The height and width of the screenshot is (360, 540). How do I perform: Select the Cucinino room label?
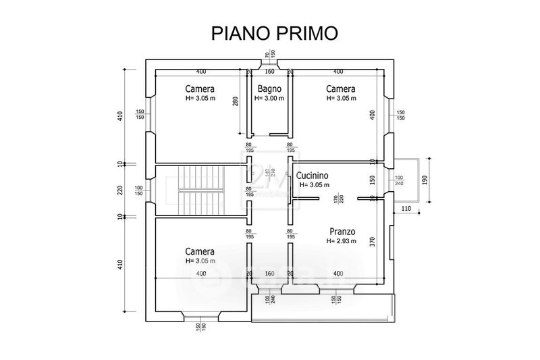point(313,176)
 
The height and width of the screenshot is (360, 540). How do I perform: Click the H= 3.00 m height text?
point(269,99)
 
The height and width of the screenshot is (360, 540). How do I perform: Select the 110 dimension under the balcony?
point(406,209)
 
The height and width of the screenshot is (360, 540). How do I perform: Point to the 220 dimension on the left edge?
point(119,190)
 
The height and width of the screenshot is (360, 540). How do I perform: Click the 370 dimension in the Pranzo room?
point(372,242)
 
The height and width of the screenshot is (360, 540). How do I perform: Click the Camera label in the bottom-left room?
point(200,251)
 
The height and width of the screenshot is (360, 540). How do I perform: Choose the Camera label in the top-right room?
point(341,89)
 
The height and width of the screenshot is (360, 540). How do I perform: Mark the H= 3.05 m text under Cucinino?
point(315,185)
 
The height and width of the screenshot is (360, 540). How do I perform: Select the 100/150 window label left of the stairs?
point(139,190)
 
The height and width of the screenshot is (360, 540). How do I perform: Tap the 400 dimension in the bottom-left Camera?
point(200,274)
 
